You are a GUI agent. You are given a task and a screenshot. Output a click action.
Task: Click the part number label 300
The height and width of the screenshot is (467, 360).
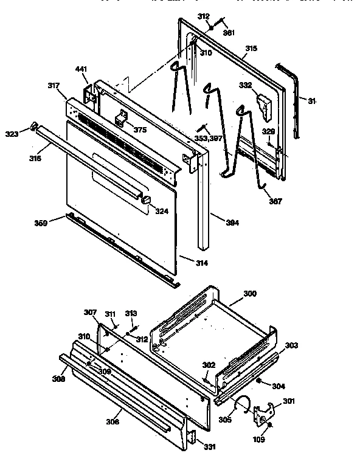click(251, 294)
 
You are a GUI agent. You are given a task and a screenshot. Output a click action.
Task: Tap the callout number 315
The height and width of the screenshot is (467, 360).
click(251, 48)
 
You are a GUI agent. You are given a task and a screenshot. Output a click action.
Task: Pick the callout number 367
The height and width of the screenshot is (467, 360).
click(275, 201)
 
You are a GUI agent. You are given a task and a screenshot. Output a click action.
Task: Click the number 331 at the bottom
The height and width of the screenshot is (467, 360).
click(209, 448)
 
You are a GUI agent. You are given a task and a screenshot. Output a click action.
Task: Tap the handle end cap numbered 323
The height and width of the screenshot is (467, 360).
click(35, 127)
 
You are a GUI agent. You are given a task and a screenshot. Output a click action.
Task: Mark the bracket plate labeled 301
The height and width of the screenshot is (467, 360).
click(263, 415)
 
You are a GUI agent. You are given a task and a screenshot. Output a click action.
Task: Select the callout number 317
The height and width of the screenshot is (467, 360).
click(54, 86)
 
